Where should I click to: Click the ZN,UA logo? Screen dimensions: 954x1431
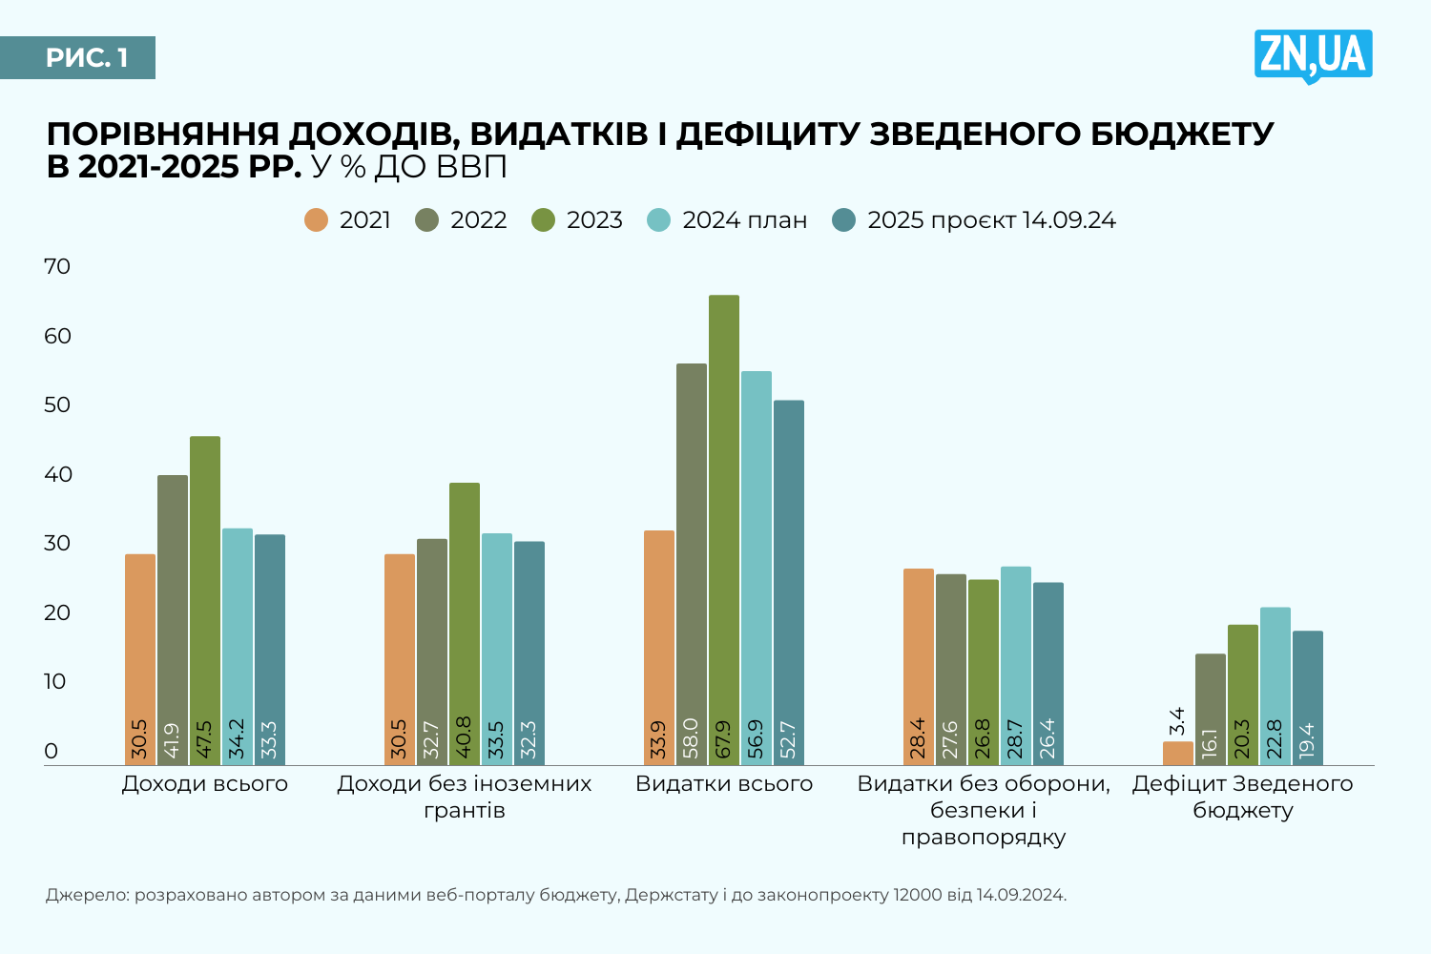[1313, 55]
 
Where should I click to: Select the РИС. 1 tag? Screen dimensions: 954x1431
[87, 58]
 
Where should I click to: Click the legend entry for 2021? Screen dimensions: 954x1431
[348, 220]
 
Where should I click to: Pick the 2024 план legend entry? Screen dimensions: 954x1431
[728, 220]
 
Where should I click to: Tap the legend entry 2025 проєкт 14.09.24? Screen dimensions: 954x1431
[974, 220]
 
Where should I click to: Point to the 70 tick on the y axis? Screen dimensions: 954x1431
[57, 266]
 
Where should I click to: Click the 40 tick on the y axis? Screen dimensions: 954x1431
[57, 474]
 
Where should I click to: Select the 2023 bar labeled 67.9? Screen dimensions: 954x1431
[724, 529]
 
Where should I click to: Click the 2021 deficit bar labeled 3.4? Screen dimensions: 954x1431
[1178, 753]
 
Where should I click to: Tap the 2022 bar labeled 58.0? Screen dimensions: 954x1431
[692, 563]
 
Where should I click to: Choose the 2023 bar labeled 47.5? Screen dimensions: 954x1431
[205, 601]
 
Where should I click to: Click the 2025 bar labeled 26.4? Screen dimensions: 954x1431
[1048, 673]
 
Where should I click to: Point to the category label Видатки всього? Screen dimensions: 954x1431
[724, 784]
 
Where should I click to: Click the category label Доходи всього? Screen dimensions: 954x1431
[205, 784]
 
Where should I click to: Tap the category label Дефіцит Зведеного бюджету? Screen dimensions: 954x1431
[1243, 797]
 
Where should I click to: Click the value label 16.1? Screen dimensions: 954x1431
[1211, 743]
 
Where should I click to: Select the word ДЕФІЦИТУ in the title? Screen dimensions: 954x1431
[769, 135]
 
